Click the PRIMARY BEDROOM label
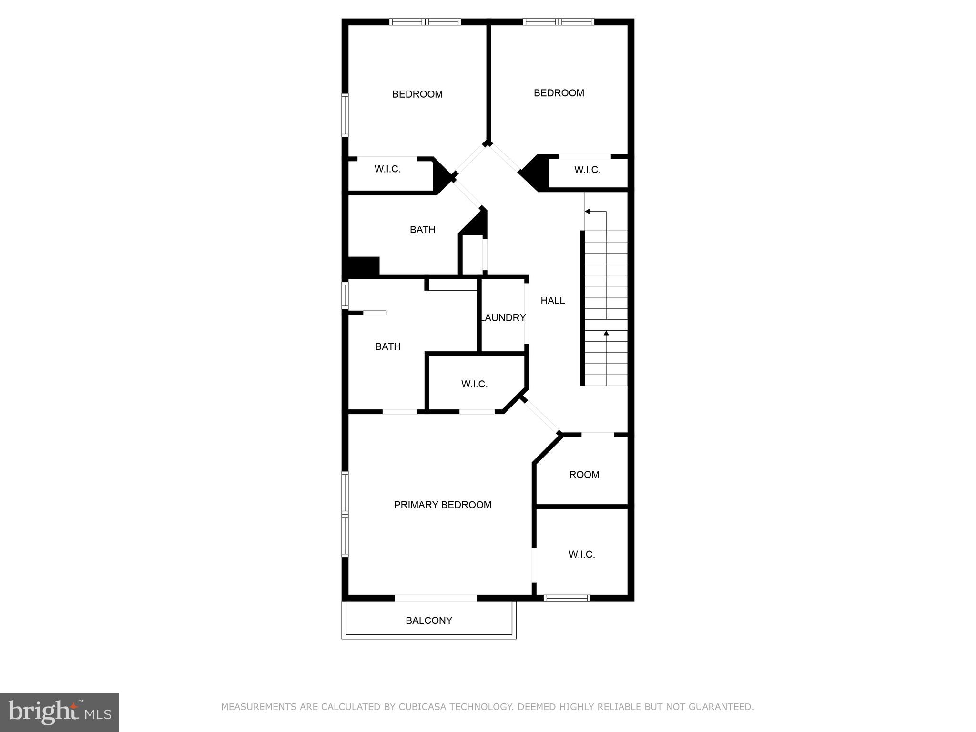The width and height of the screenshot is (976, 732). pos(442,505)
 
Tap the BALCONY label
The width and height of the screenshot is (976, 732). pos(428,620)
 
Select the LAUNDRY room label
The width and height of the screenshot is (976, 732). pos(503,318)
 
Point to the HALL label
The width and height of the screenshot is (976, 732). pos(552,301)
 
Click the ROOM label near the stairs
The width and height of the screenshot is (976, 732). pos(584,475)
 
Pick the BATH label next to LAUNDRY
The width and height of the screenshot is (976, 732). pos(387,346)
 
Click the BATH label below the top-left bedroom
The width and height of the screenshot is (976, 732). pos(422,230)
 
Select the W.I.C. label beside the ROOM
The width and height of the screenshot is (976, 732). pos(581,555)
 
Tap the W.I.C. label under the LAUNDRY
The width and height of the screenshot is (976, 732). pos(474,384)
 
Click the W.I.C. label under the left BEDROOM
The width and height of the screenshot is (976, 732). pos(387,169)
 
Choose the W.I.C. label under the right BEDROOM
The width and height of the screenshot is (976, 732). pos(587,170)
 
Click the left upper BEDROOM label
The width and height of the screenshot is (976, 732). pos(417,94)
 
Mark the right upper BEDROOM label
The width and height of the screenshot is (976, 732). pos(559,93)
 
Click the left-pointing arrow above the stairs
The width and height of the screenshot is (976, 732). pos(588,211)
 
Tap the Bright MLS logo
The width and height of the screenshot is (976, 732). pos(60,712)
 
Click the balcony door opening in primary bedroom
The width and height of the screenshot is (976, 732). pos(436,598)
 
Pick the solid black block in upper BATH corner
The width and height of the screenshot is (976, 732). pos(364,266)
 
